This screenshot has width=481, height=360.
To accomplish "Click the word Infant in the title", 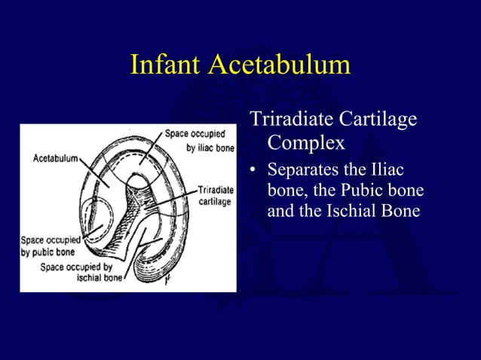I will (x=167, y=65).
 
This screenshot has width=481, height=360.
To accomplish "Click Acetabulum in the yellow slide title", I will (x=280, y=65).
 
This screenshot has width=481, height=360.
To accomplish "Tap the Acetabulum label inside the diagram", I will (x=54, y=159).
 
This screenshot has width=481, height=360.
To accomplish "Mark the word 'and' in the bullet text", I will (x=280, y=211).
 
